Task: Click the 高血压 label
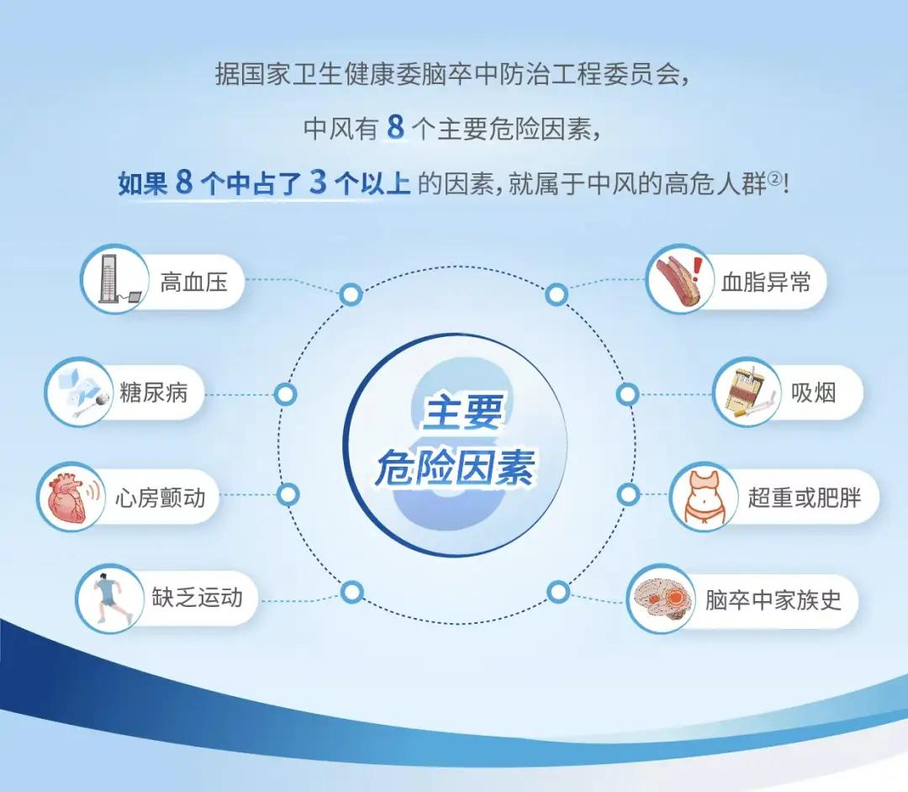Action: point(193,282)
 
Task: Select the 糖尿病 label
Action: point(154,393)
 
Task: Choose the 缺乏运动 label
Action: point(197,598)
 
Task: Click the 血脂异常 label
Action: point(766,282)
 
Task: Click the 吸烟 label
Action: point(814,393)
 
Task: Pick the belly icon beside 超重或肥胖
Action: point(704,497)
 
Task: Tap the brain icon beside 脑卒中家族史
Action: point(663,599)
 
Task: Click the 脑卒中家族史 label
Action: point(773,599)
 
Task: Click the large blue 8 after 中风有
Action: point(395,127)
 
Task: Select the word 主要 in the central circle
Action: point(462,412)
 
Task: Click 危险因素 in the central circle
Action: point(455,467)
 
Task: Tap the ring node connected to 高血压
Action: point(351,294)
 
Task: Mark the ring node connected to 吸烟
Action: point(627,394)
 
